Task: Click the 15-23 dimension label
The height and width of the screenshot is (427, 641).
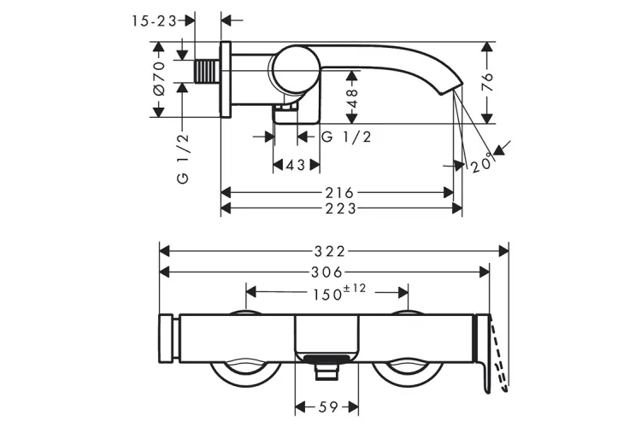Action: point(154,20)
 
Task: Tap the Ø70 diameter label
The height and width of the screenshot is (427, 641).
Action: point(160,79)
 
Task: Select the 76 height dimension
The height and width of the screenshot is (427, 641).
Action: point(487,82)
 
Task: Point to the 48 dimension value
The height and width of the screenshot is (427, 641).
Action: point(352,98)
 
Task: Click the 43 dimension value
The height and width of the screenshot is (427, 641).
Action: point(296,165)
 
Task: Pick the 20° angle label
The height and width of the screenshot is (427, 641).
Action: point(482,165)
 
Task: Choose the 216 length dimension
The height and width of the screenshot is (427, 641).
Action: point(339,192)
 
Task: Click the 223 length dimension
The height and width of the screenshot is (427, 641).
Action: point(340,208)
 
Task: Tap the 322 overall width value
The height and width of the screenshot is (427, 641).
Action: point(330,251)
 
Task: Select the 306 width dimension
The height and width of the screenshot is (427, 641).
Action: point(326,272)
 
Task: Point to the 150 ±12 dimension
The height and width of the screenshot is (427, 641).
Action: point(339,292)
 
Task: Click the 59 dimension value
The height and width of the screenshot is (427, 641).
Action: point(328,407)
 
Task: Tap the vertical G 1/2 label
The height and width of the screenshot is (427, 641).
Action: point(183,159)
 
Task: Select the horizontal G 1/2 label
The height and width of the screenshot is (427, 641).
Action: point(346,137)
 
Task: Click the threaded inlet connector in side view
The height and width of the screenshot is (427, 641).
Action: point(207,71)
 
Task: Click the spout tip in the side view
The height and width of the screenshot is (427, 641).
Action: point(451,89)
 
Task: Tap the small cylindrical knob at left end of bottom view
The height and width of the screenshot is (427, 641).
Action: point(167,338)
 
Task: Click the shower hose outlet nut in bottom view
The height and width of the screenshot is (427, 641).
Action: point(326,372)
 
